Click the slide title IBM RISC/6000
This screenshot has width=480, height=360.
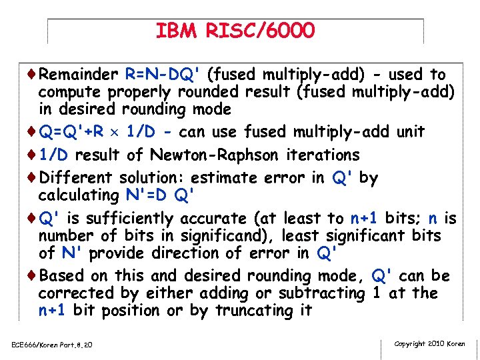pos(235,31)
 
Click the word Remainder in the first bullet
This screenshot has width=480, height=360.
pos(77,74)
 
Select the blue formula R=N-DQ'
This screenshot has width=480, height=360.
pos(161,74)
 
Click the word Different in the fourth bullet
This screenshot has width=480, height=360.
pos(77,178)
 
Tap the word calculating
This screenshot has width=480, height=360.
pos(76,196)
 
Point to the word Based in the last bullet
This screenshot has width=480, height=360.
pos(61,276)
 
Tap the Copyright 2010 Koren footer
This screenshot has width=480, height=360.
pos(430,344)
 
